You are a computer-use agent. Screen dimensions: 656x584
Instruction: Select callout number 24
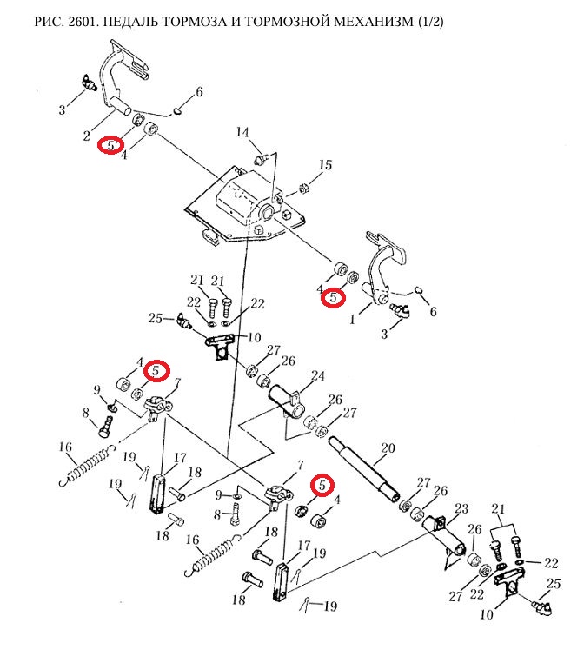(317, 377)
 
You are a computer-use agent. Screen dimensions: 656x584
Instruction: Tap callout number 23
(461, 508)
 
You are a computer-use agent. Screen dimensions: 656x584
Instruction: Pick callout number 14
(242, 132)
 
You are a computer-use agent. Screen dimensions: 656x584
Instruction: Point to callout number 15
(325, 165)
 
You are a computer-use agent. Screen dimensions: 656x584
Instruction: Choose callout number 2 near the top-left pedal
(86, 135)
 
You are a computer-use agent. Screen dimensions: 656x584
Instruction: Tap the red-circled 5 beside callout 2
(110, 145)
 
